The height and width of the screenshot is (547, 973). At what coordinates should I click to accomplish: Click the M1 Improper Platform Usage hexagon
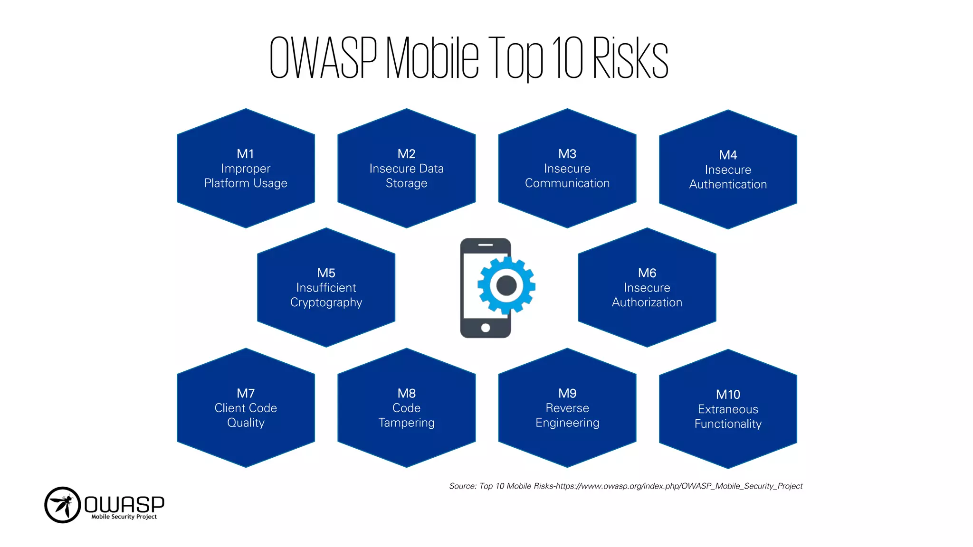click(246, 169)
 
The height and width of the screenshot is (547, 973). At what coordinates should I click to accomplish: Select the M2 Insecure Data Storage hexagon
click(406, 169)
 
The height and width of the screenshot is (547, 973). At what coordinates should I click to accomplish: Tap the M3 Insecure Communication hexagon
click(567, 169)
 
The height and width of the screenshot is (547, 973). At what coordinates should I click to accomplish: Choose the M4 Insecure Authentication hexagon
click(728, 170)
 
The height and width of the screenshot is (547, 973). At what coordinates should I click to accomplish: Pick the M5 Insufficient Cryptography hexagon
click(326, 288)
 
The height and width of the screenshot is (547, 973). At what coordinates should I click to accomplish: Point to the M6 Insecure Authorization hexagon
click(647, 288)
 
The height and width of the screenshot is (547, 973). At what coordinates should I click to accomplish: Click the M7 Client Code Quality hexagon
click(246, 408)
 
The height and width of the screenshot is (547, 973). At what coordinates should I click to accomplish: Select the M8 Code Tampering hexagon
click(406, 408)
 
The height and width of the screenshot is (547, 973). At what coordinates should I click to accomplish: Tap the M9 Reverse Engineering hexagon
click(567, 408)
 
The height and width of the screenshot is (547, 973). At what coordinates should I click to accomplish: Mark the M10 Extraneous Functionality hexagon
click(728, 409)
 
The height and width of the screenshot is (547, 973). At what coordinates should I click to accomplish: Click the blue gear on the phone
click(506, 285)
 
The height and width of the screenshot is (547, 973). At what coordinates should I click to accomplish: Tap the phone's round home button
click(485, 328)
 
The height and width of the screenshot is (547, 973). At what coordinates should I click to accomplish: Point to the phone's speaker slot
click(485, 245)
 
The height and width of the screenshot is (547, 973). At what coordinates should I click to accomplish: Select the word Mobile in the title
click(432, 58)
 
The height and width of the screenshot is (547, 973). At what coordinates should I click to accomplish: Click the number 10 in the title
click(567, 58)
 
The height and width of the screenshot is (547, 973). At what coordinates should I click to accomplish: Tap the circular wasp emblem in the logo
click(62, 505)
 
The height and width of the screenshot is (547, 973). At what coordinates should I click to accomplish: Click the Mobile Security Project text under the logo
click(124, 517)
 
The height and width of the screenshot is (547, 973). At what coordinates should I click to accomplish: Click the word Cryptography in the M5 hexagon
click(326, 303)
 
